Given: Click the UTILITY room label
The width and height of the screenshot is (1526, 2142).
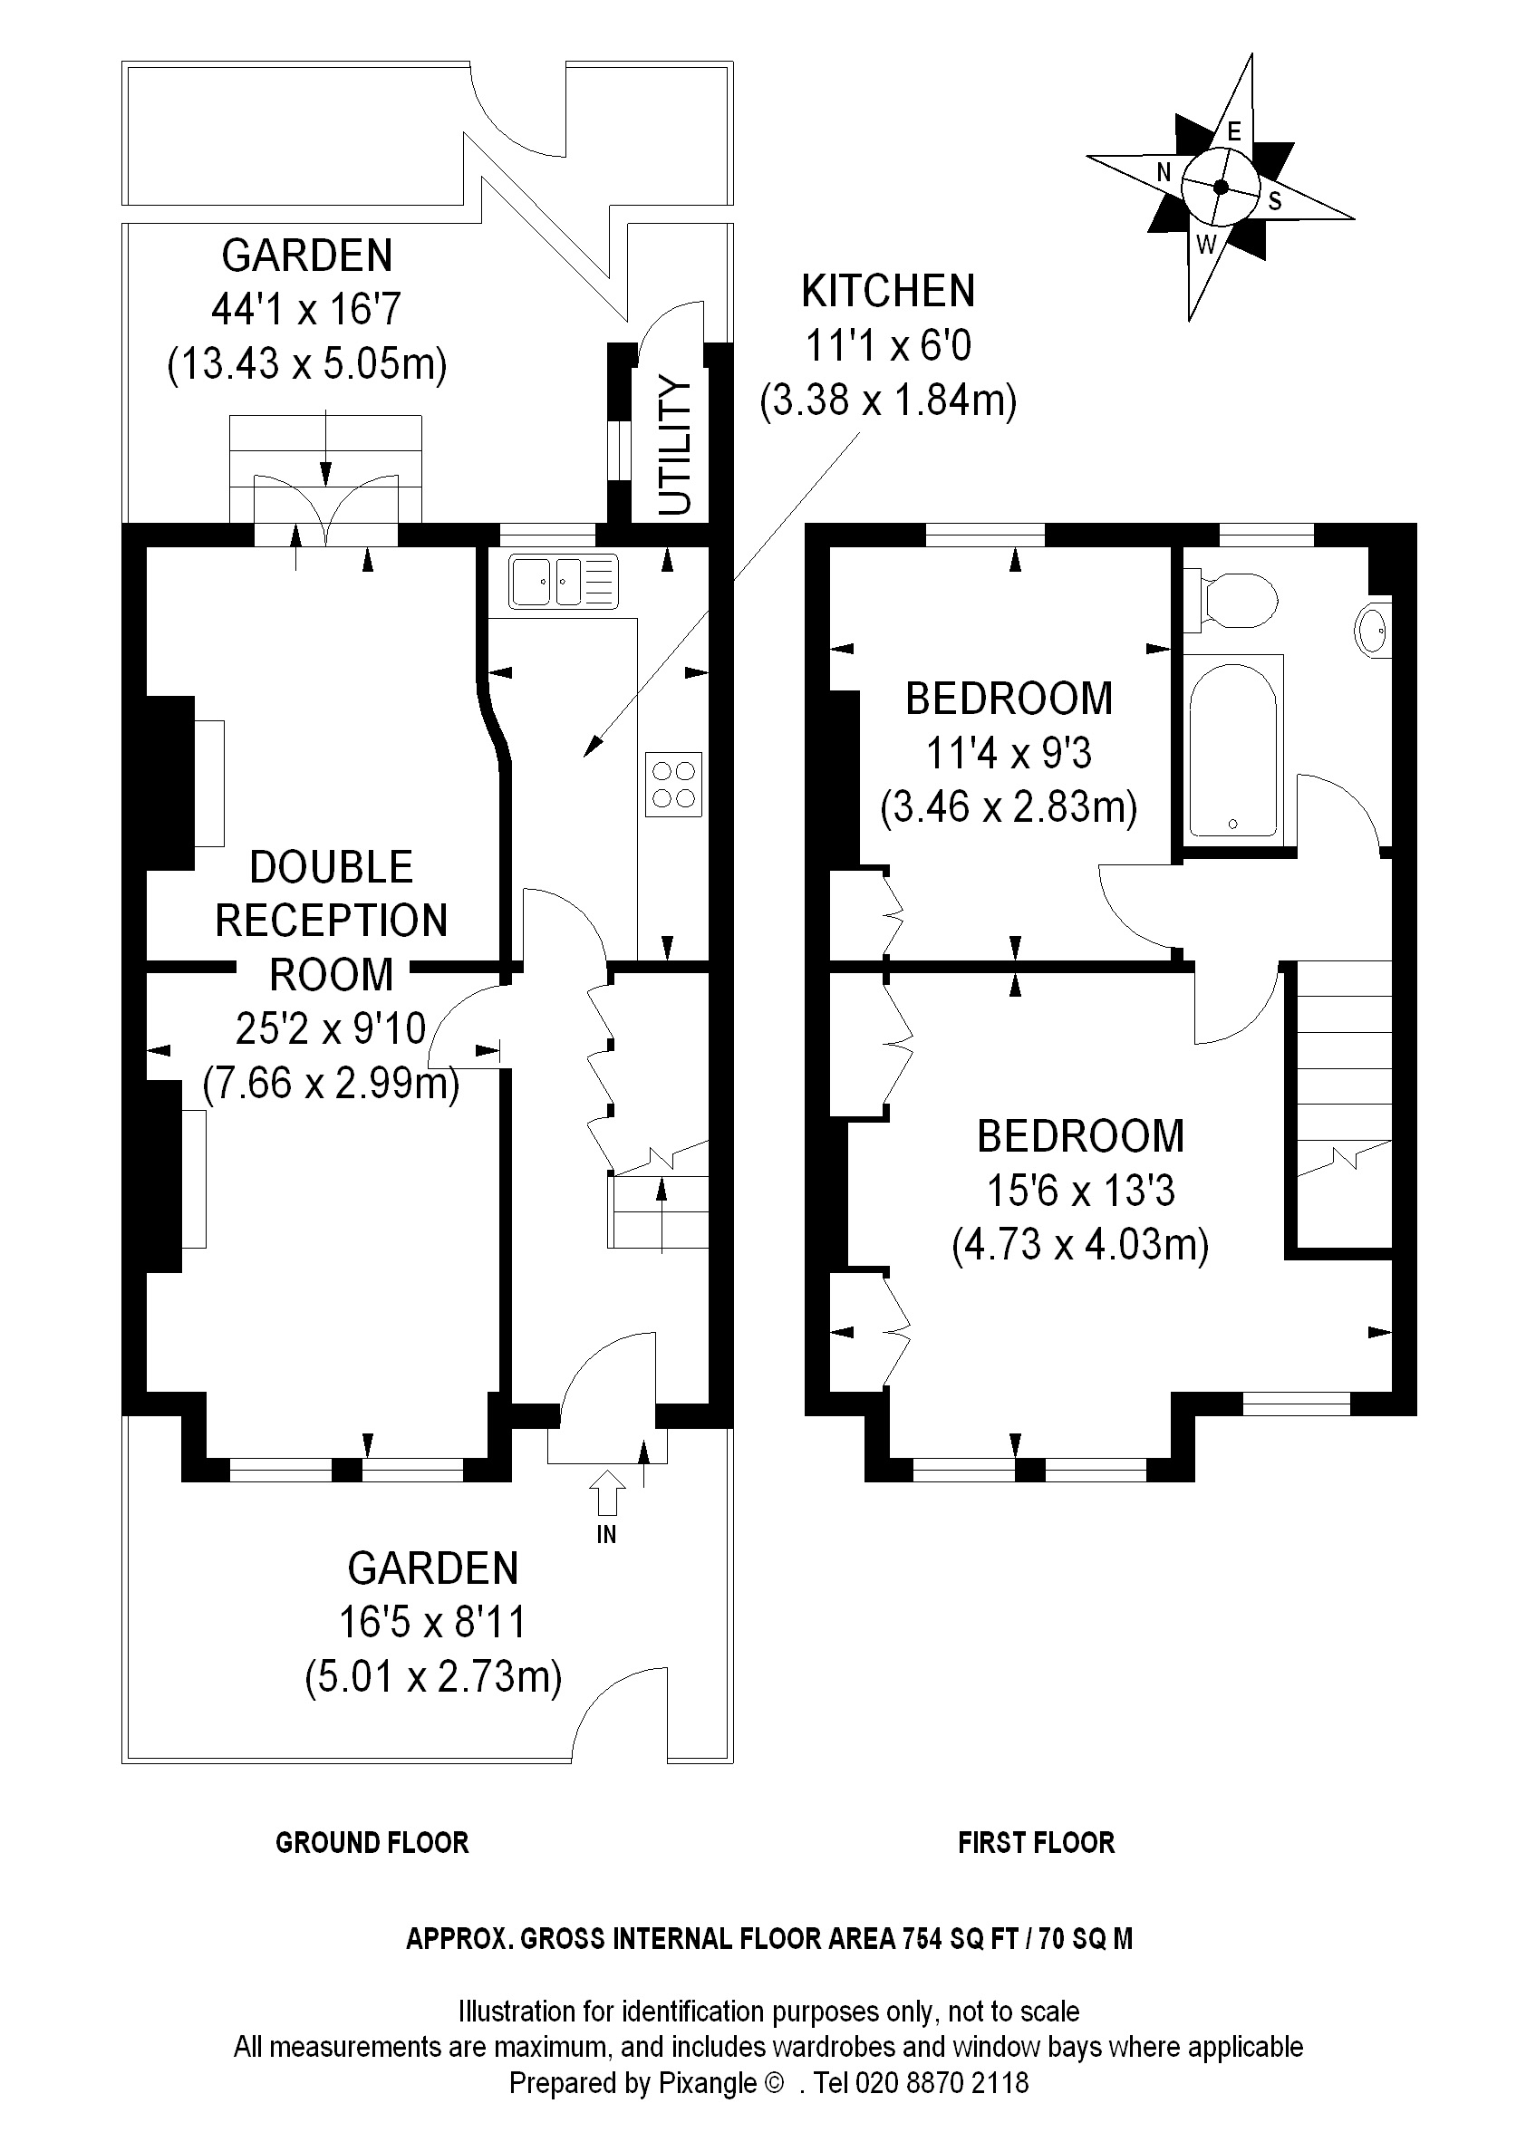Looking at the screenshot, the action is click(x=675, y=444).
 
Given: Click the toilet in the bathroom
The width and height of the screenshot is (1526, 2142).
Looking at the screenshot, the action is click(x=1231, y=600).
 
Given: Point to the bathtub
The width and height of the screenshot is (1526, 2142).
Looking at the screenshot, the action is click(x=1232, y=748).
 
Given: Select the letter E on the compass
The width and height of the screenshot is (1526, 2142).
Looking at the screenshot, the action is click(x=1235, y=131).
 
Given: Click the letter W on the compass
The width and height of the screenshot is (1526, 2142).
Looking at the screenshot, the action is click(x=1205, y=246).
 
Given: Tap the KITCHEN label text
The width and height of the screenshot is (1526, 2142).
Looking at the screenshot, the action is click(x=888, y=291).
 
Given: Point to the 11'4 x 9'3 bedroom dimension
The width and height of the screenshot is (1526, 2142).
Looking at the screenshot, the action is click(x=1009, y=754).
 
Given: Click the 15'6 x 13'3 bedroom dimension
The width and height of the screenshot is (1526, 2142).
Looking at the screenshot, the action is click(x=1080, y=1192).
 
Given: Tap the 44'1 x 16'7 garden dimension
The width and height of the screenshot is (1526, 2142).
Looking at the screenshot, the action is click(x=307, y=309).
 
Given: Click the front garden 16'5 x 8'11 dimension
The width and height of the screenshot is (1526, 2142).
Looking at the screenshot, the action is click(x=432, y=1623).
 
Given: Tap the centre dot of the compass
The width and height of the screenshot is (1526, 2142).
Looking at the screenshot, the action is click(x=1221, y=187).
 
